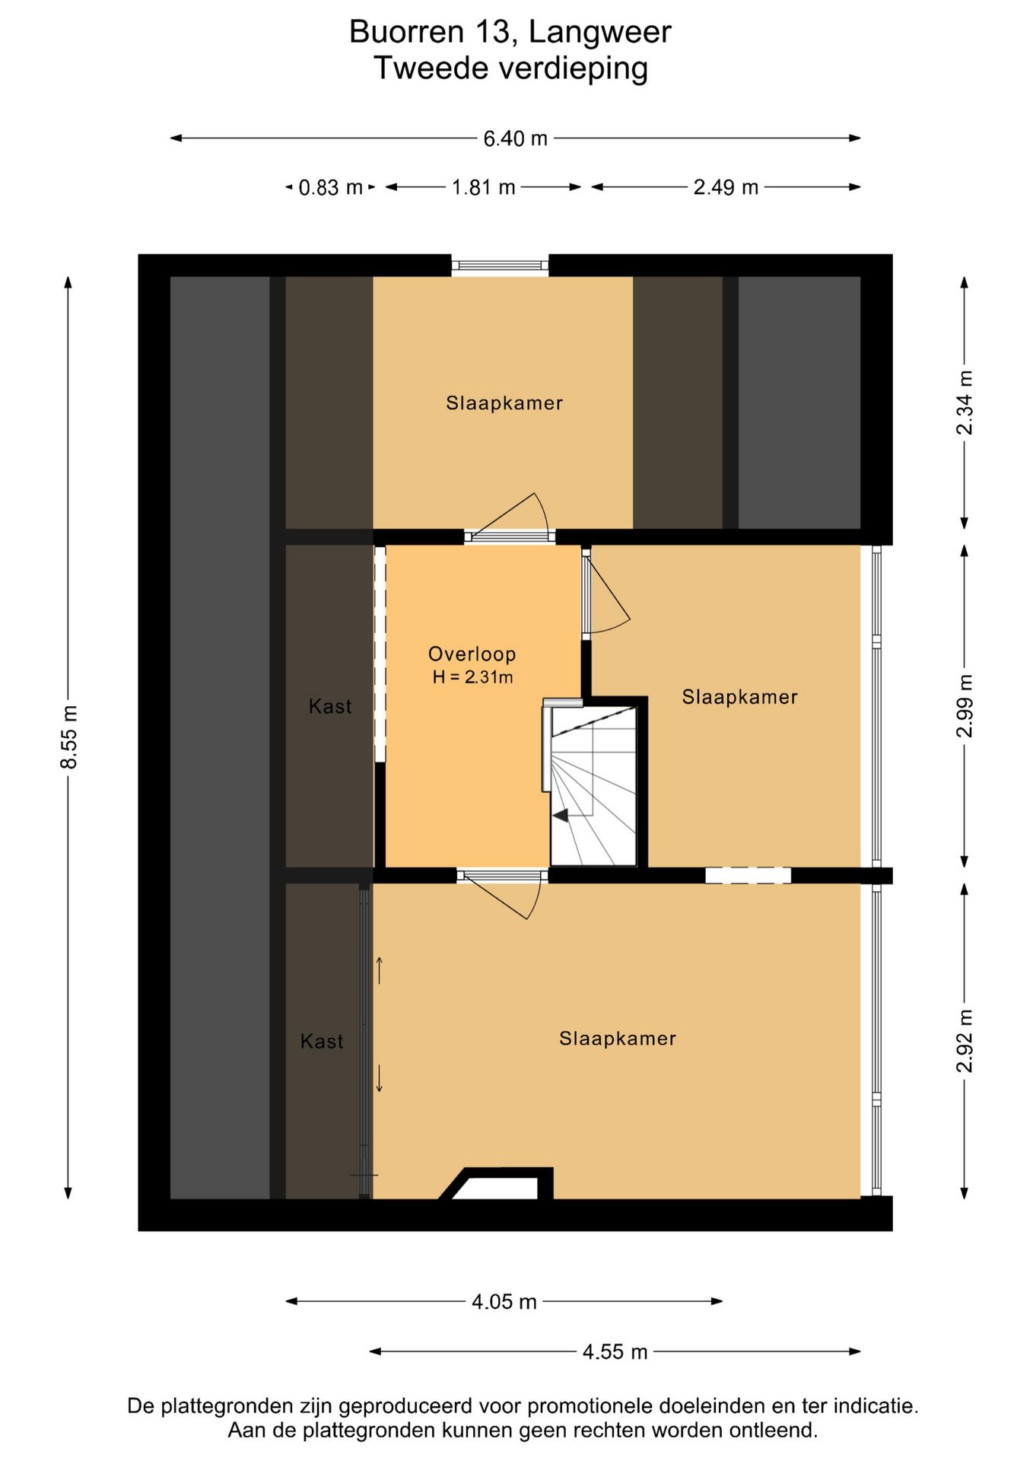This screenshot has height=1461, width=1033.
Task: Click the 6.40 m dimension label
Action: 515,138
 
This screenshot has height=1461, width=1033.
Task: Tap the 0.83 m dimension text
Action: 330,187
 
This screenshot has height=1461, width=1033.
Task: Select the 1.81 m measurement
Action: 483,187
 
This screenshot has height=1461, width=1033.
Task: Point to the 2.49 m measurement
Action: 726,187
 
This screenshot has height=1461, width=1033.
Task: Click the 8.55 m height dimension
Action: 69,737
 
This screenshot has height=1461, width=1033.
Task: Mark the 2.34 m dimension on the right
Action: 965,403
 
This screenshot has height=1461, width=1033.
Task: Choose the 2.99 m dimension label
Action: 965,705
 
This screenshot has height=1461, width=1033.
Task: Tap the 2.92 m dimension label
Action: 965,1040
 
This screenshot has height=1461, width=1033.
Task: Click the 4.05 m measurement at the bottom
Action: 504,1301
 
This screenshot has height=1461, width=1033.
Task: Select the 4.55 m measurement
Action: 615,1351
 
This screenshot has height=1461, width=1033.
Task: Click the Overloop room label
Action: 472,654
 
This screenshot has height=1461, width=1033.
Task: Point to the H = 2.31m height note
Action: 472,676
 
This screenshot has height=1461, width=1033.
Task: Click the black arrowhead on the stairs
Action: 561,816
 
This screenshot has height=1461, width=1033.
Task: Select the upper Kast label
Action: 330,706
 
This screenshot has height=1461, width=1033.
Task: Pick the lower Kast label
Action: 322,1041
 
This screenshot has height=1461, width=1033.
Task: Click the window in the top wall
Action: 500,266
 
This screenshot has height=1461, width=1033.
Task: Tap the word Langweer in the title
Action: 599,33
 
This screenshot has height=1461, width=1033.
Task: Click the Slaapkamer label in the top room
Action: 504,403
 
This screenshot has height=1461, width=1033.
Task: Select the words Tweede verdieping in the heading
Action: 510,68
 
